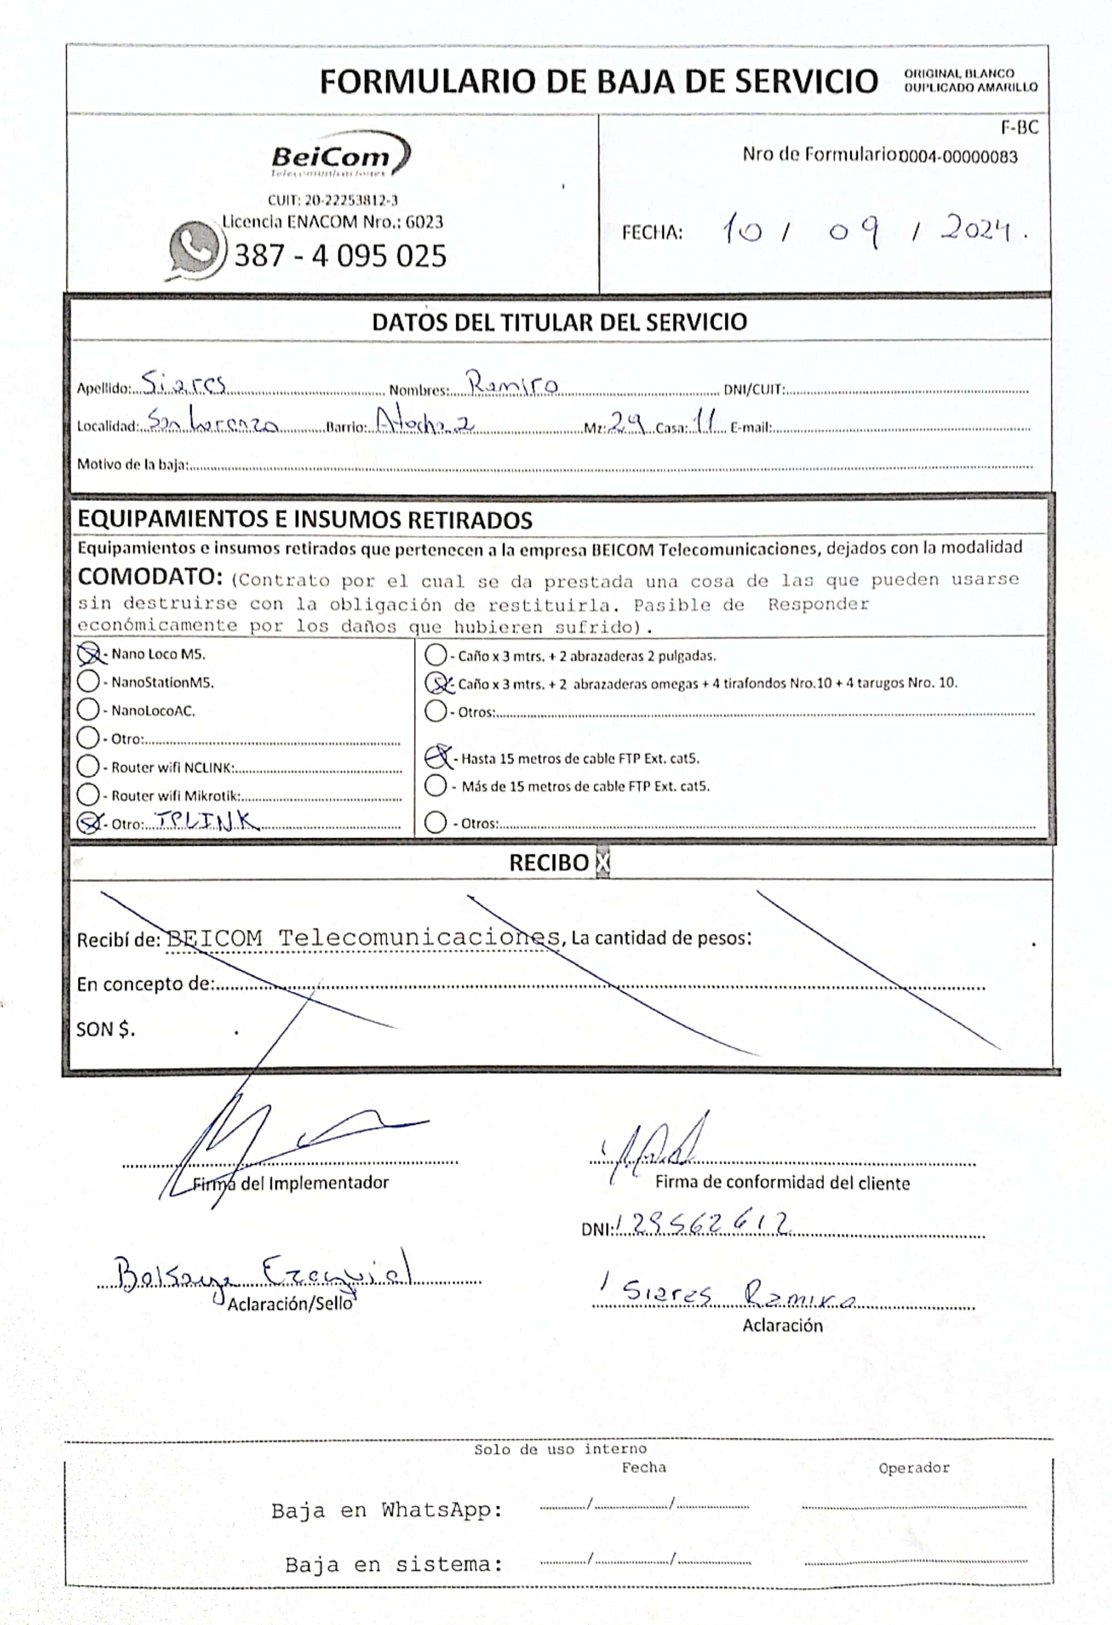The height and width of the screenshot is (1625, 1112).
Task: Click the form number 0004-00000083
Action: pos(958,157)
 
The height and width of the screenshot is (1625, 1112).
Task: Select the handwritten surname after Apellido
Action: pos(183,384)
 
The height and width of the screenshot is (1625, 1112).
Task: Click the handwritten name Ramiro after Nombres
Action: pos(513,384)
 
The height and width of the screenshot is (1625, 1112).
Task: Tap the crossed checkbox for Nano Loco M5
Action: pos(89,654)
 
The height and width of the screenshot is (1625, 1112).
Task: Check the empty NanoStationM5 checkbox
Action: pos(88,682)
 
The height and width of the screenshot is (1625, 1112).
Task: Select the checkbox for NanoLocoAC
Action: pos(88,710)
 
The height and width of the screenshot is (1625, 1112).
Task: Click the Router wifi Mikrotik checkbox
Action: pos(88,795)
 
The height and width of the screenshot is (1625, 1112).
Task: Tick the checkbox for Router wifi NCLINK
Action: pos(88,766)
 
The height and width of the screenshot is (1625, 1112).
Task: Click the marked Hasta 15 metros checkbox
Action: pos(437,757)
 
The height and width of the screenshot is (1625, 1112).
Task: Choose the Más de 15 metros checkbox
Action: pos(436,786)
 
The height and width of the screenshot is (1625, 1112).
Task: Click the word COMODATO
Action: pos(149,577)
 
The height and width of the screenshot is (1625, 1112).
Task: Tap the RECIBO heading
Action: pos(549,863)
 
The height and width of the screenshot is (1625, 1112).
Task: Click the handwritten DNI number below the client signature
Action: pos(702,1224)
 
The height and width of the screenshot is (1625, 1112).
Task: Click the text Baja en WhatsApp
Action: pos(387,1511)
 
